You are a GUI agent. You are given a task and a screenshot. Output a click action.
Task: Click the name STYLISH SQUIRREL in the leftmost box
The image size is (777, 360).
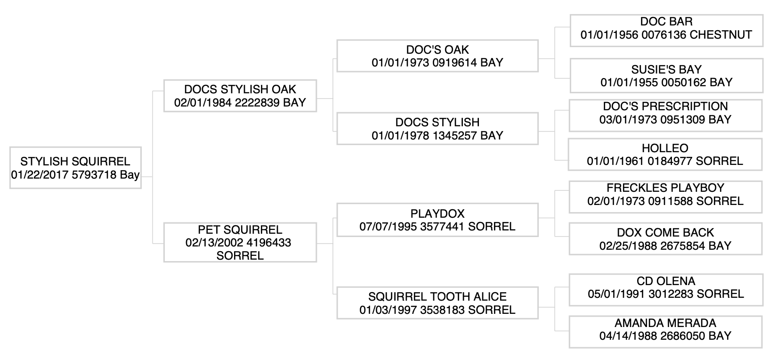click(75, 162)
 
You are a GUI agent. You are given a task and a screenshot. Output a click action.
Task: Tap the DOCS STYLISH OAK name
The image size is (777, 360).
click(240, 90)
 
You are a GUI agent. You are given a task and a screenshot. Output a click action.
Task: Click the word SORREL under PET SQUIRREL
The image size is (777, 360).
click(240, 255)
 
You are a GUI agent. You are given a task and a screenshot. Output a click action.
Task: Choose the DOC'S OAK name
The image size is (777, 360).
click(437, 50)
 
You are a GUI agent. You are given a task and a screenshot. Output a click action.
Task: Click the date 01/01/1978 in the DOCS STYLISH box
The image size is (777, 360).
click(394, 136)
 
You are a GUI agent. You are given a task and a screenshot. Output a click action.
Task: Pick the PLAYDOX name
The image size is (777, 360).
click(437, 213)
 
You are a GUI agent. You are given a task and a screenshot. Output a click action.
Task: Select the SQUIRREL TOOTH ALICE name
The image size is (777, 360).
click(437, 297)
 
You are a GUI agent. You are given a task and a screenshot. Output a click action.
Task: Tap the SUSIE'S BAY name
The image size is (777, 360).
click(666, 70)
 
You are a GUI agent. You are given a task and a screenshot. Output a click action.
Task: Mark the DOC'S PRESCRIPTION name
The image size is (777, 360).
click(665, 106)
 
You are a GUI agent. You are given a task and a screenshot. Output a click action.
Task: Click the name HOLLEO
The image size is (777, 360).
click(665, 148)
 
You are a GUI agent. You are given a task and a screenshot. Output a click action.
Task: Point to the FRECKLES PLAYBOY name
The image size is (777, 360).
click(665, 188)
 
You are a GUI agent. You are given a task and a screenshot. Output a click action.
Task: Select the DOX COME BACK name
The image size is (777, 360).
click(665, 233)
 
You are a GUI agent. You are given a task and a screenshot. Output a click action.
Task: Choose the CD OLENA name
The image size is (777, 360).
click(666, 281)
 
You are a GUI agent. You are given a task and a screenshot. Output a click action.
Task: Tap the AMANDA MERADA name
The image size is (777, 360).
click(665, 323)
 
